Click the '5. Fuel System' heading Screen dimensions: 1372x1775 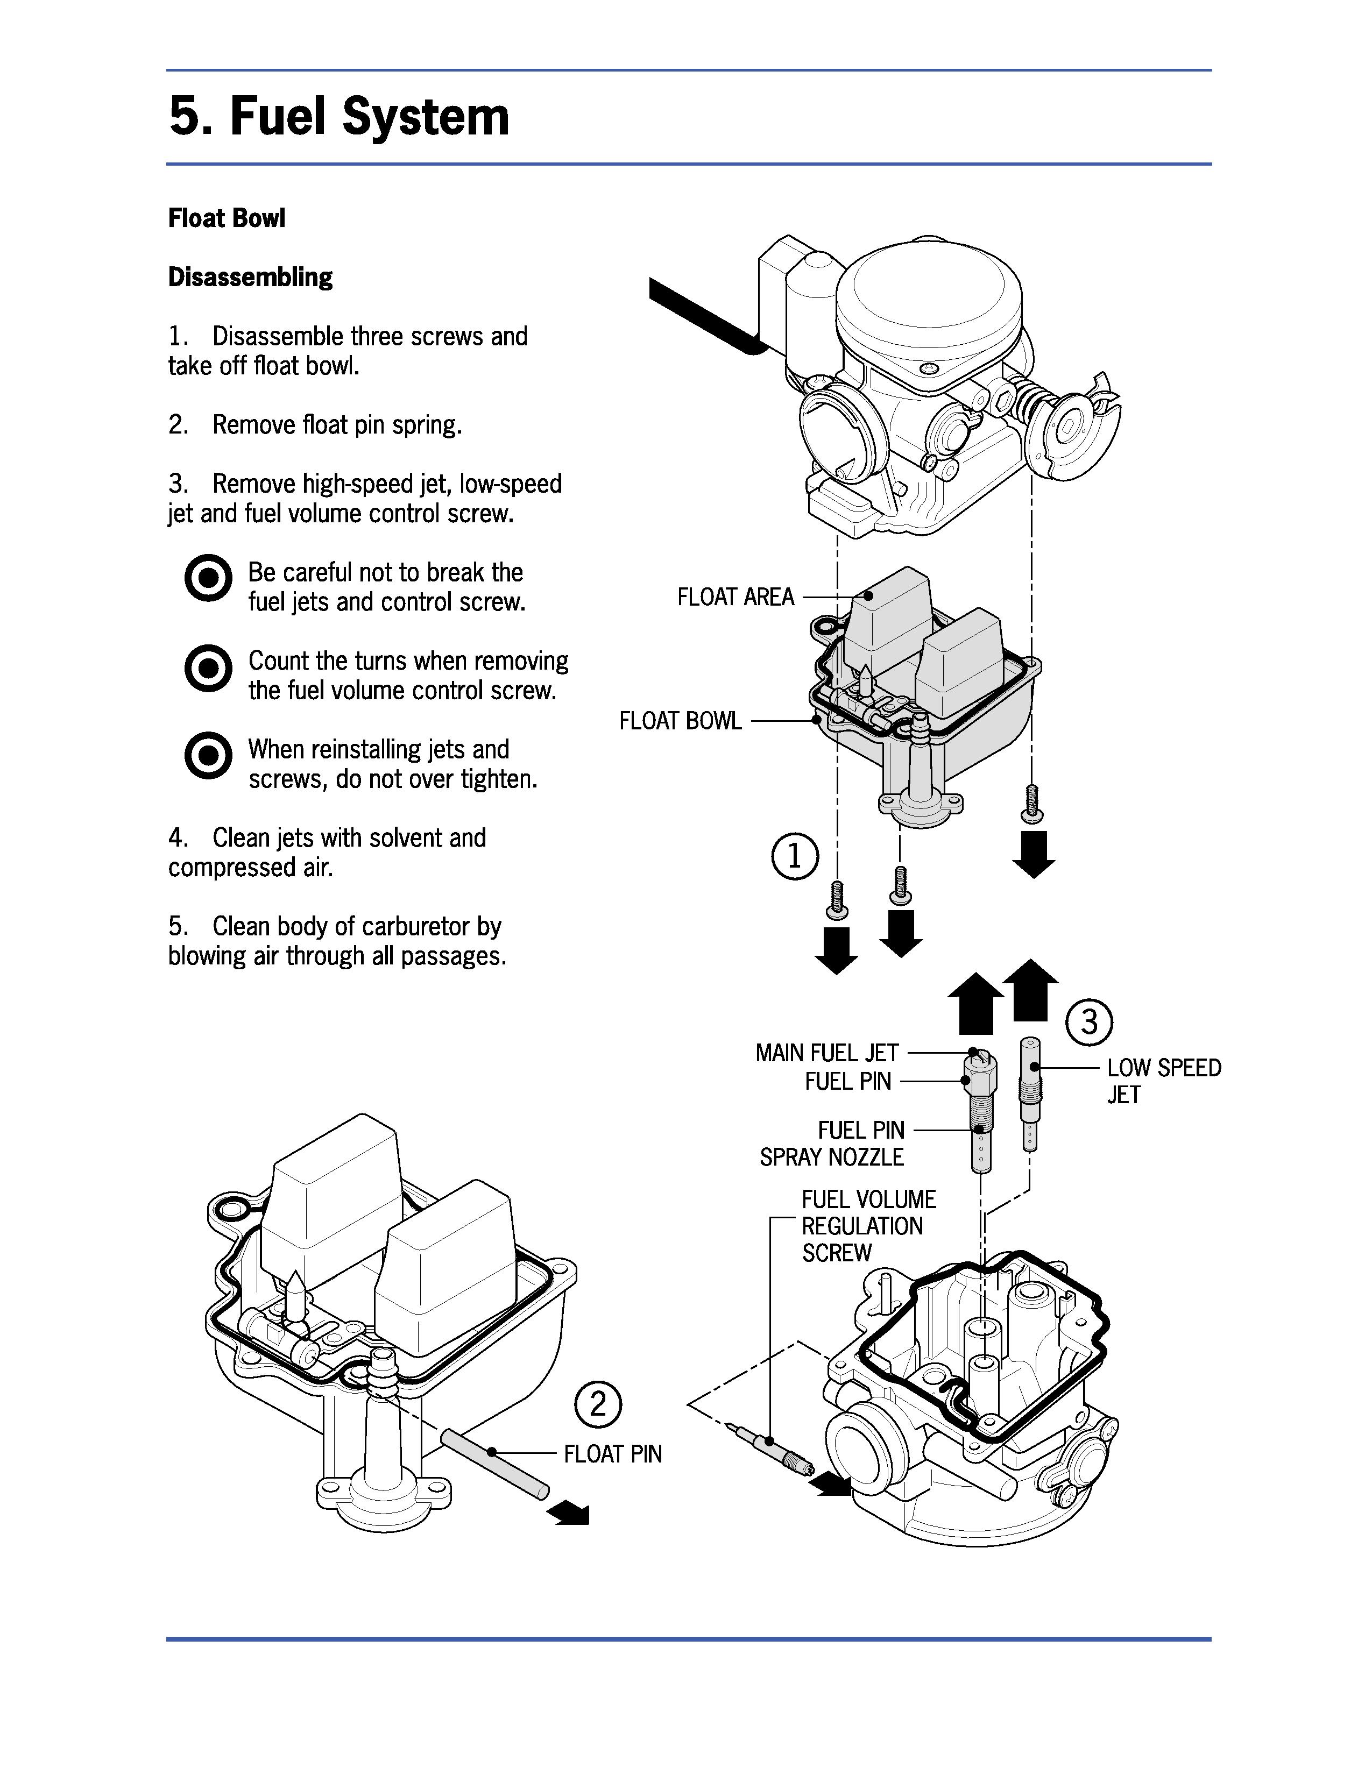coord(339,116)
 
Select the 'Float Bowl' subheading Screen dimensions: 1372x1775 coord(227,218)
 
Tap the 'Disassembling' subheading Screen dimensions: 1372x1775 coord(250,277)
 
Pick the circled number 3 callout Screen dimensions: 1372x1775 coord(1088,1021)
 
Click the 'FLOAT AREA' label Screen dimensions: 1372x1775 coord(735,598)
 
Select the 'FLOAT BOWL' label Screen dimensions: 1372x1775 coord(680,721)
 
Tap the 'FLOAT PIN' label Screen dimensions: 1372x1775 coord(613,1454)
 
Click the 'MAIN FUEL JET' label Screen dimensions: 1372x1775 coord(826,1053)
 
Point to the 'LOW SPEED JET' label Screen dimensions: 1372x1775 coord(1164,1081)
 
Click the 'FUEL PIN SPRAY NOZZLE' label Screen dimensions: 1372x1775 coord(831,1144)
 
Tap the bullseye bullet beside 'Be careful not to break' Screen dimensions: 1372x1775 coord(208,579)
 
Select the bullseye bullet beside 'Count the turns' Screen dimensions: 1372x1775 coord(208,668)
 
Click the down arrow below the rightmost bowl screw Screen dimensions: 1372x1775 coord(1034,854)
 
